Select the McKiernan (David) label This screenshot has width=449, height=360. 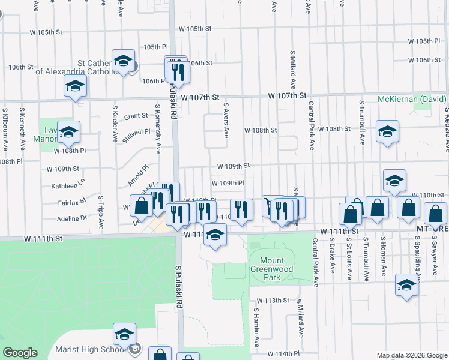click(x=412, y=99)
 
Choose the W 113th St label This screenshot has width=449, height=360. click(x=273, y=300)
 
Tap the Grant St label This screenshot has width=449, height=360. click(x=136, y=116)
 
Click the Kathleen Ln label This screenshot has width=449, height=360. click(x=68, y=186)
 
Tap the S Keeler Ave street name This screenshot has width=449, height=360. click(x=115, y=125)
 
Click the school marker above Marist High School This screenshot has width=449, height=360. click(x=124, y=334)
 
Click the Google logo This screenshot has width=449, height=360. click(x=20, y=353)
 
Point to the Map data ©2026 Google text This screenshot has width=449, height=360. click(x=411, y=355)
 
